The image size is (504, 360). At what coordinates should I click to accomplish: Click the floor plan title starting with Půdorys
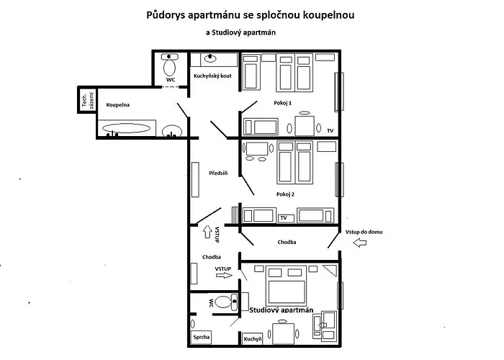[251, 14]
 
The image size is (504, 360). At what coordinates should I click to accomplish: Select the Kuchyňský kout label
[212, 76]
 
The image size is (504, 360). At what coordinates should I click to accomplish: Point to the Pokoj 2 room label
[285, 194]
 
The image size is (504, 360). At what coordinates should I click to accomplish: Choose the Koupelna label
[117, 105]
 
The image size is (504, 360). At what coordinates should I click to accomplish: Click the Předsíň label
[218, 173]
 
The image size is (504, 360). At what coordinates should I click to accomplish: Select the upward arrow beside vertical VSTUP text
[211, 232]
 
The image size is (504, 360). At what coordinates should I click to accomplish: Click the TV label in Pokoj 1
[330, 130]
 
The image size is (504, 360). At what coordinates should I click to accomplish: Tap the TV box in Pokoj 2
[284, 217]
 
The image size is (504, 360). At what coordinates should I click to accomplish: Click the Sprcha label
[202, 336]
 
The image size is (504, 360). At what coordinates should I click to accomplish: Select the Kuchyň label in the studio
[252, 337]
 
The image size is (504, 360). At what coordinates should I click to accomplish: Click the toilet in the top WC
[171, 68]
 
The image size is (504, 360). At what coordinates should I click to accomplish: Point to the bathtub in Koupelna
[127, 130]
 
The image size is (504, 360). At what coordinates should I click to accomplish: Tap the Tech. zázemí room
[87, 101]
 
